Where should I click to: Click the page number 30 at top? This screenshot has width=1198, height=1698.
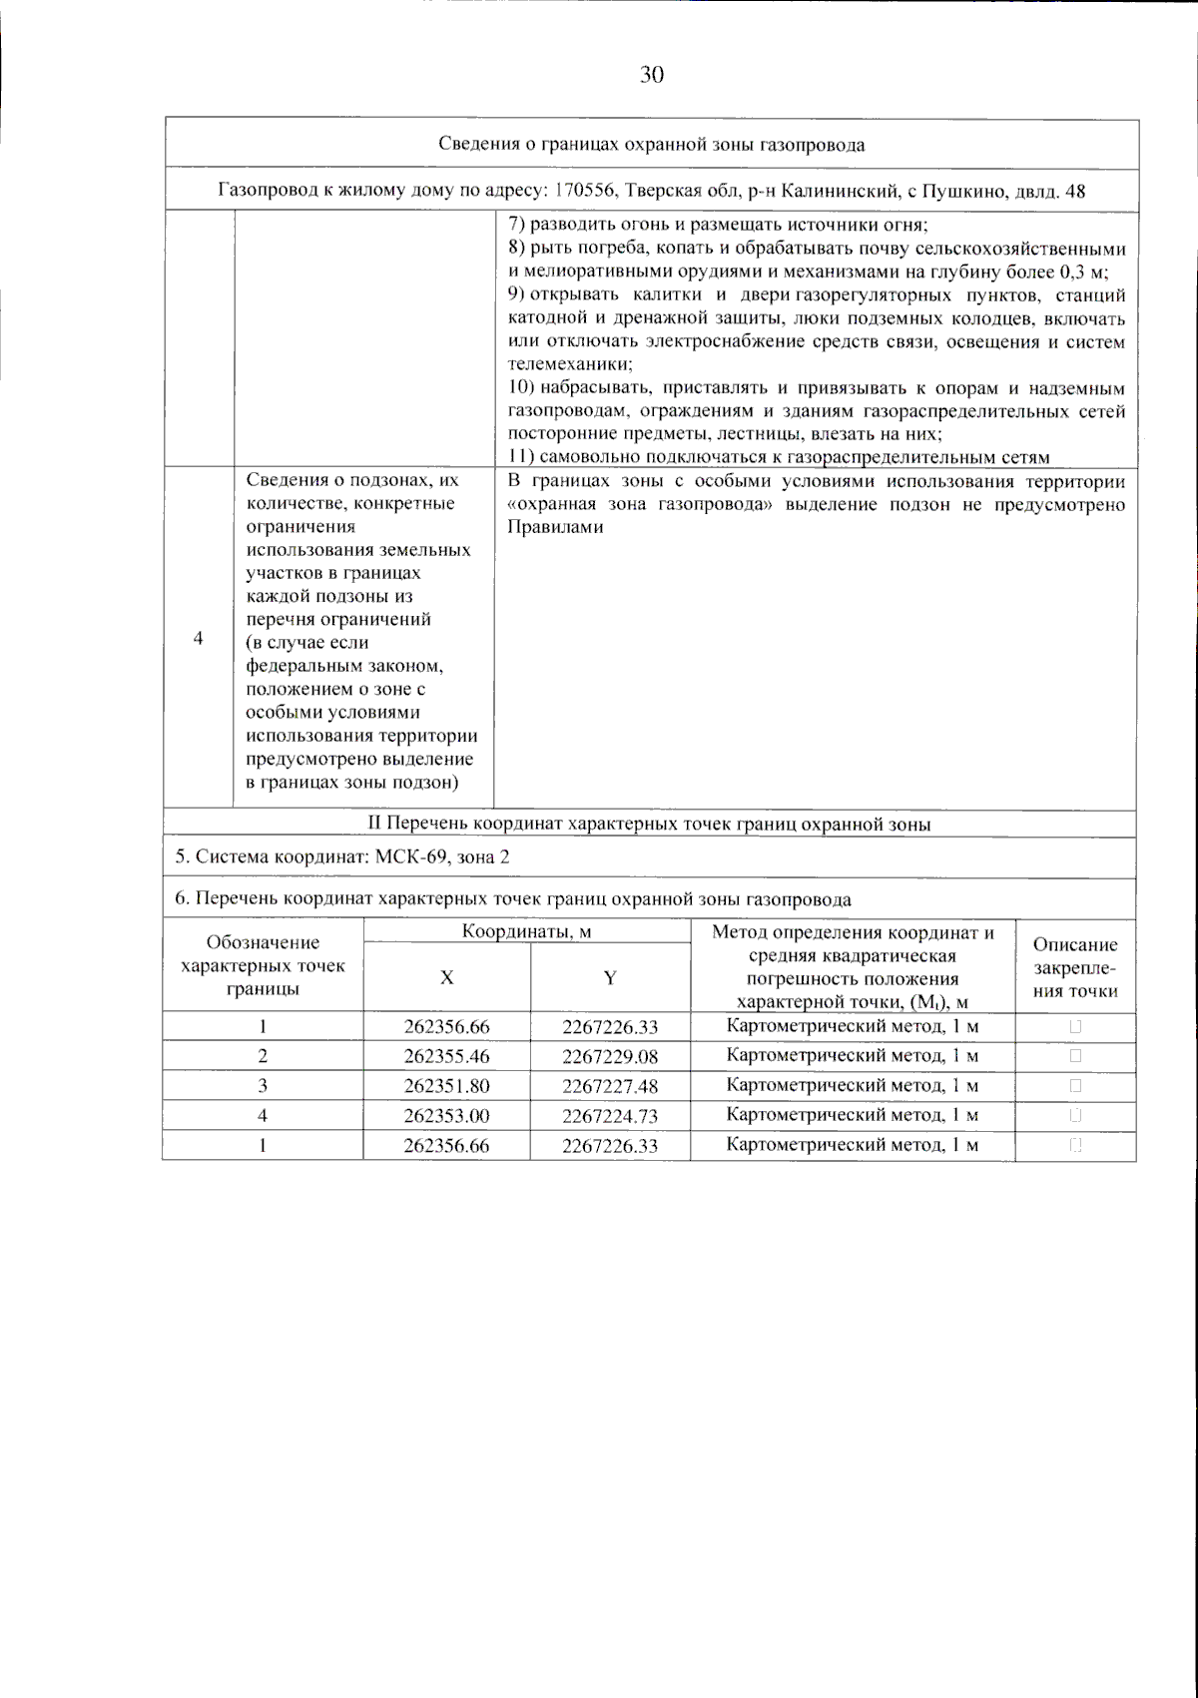[651, 75]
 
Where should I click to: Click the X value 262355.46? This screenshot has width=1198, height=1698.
[446, 1056]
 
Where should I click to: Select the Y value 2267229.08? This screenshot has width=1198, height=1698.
[609, 1056]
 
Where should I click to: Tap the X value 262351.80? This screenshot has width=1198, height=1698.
[446, 1086]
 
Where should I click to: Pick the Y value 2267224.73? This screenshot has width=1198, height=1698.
[609, 1116]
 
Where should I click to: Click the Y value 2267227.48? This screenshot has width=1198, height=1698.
[609, 1086]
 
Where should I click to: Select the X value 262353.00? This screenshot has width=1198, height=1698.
[446, 1116]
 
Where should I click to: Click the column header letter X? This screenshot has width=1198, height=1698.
[446, 978]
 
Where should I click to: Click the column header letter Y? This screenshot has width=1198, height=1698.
[609, 978]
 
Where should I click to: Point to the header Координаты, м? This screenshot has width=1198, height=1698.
[526, 932]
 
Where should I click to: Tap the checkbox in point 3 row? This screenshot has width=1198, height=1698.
[1075, 1085]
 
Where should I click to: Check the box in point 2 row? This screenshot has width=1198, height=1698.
[1075, 1055]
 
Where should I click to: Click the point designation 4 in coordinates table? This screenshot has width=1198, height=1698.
[263, 1115]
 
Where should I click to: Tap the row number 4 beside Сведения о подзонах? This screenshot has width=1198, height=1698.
[198, 638]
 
